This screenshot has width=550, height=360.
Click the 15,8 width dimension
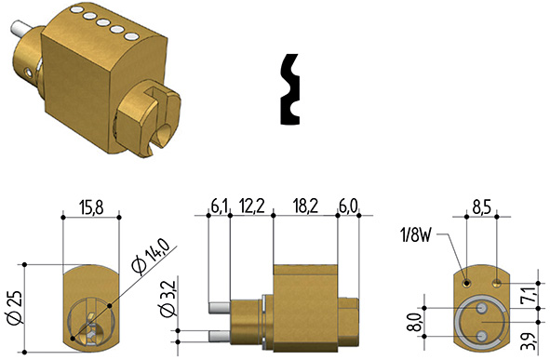click(91, 207)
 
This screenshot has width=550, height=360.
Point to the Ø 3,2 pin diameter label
click(167, 299)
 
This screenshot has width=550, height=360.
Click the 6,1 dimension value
click(220, 207)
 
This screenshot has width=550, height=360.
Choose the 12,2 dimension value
click(251, 207)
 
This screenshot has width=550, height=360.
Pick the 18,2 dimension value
click(305, 207)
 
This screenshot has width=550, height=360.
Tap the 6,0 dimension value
click(348, 207)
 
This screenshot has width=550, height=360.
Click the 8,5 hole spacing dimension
click(482, 207)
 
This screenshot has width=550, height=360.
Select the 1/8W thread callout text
click(415, 235)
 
